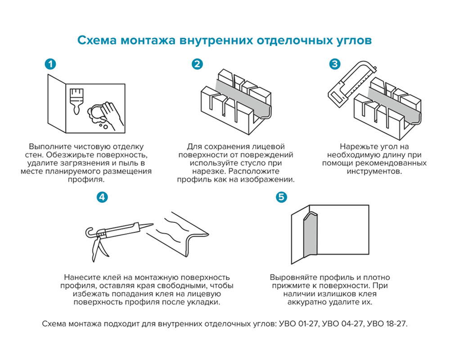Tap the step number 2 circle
197,64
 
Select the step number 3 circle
334,64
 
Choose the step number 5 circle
281,197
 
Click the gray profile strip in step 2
243,97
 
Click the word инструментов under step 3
374,171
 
